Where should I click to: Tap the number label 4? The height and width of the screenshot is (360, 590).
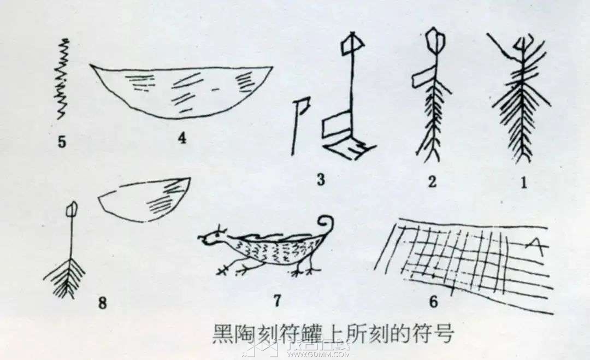coord(182,138)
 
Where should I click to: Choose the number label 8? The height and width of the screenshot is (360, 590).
coord(102,303)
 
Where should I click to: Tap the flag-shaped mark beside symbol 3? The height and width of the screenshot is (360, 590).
coord(300,126)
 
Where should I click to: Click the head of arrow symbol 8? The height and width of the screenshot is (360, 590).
coord(71,210)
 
